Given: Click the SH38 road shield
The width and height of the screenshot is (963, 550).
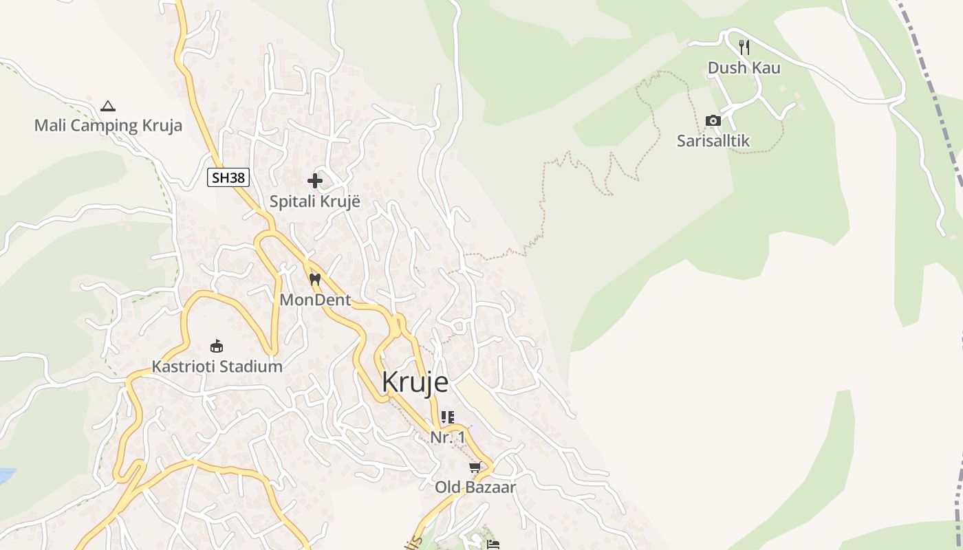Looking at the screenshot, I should point(228,177).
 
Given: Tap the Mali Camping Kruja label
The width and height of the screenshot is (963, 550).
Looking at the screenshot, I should point(108,125).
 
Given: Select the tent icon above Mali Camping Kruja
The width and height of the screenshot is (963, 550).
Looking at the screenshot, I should point(107,106).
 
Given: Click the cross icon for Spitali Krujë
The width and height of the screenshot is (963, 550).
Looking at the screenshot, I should point(315,181).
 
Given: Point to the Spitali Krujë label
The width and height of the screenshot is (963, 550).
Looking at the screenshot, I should point(315,201).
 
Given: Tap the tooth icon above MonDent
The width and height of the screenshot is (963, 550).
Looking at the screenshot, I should point(315,280).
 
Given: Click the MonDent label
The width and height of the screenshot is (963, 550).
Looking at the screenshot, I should point(315,300).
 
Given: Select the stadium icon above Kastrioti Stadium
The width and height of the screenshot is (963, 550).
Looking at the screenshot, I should point(217,346).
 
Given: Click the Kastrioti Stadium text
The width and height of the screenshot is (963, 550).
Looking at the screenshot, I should point(217,366).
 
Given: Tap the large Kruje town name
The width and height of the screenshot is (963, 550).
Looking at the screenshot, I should point(415,382).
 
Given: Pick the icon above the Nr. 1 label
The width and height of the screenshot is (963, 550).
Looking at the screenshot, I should point(448,417).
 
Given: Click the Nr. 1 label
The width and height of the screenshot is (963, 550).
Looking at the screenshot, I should point(448,437).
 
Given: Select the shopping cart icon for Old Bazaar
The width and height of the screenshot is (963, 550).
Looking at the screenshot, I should point(475,468).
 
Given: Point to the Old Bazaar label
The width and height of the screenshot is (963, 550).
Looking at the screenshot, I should point(475,487).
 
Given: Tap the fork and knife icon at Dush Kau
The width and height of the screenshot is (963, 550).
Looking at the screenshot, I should point(744,47).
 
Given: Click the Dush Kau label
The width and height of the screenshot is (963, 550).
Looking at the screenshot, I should point(744,68).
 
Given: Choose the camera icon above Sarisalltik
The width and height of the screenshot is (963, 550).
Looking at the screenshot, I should point(713,121).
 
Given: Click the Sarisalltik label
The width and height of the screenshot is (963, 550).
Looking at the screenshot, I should point(713,141).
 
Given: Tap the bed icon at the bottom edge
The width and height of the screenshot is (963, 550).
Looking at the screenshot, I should point(493,544).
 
